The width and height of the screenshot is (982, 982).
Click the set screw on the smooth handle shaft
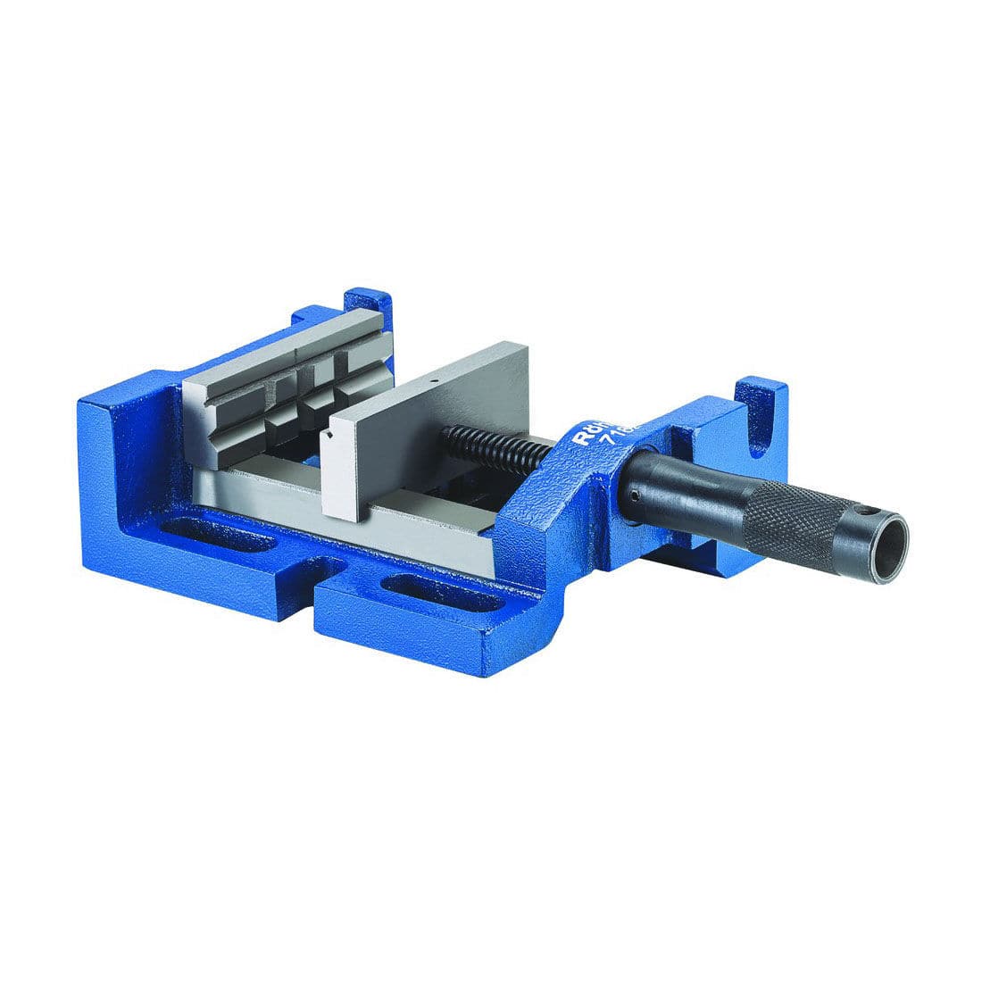[x=634, y=495]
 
